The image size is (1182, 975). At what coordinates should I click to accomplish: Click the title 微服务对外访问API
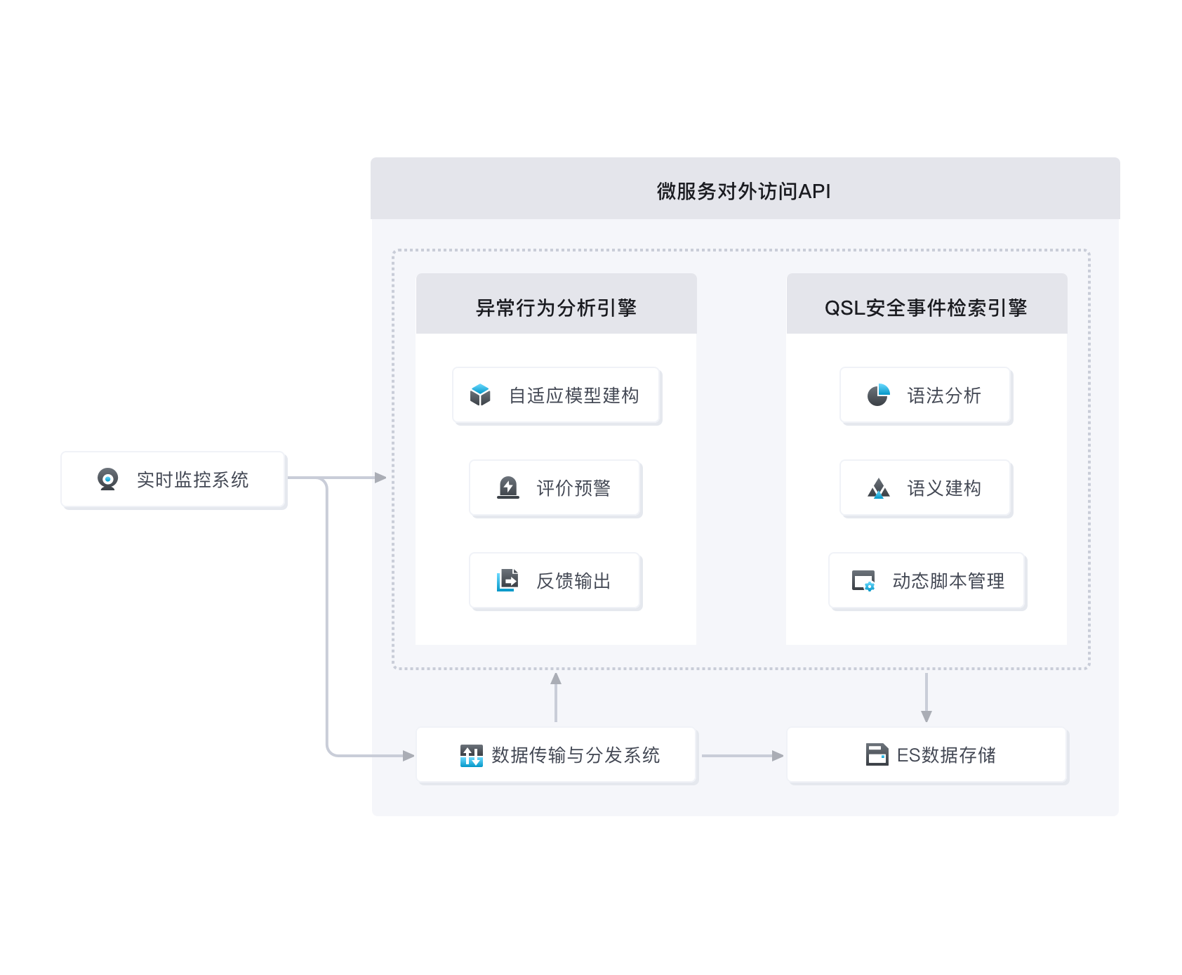point(744,191)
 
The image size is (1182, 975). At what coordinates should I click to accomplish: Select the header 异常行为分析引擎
point(556,308)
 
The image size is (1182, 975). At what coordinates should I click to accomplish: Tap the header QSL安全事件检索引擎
point(926,308)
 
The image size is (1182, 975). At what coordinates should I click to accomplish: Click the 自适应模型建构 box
point(557,395)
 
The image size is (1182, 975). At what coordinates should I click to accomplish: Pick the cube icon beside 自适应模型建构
point(480,395)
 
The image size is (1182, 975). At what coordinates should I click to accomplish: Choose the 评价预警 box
point(556,488)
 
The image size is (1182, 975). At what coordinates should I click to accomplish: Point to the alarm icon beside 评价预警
point(508,488)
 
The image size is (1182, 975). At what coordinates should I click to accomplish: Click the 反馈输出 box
point(556,581)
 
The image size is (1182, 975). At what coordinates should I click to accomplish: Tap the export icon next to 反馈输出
point(507,580)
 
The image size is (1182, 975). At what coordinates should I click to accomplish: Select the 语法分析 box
point(926,395)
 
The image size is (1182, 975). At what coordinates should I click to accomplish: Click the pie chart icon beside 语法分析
point(878,395)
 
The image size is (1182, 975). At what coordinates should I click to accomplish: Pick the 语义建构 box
point(926,488)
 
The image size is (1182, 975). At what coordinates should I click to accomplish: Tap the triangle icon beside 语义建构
point(878,488)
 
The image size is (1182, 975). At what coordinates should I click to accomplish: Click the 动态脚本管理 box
point(927,581)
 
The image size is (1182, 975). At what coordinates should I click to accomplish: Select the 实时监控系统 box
point(173,480)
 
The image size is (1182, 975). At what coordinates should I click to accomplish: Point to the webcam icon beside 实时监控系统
point(107,479)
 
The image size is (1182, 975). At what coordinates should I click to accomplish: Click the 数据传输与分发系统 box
point(557,755)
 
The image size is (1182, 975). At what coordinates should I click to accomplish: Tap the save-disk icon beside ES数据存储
point(877,754)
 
